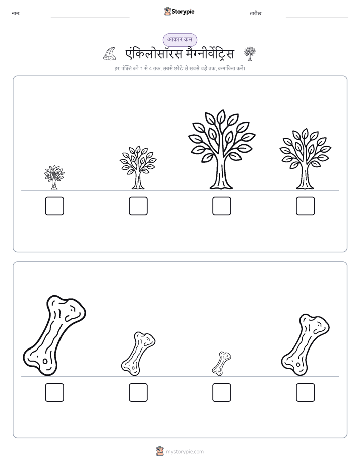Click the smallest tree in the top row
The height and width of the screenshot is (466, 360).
tap(54, 178)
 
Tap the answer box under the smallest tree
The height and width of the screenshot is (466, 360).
tap(54, 206)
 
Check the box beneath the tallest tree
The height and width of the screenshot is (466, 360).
tap(221, 206)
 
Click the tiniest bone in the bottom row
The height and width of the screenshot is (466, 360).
tap(221, 364)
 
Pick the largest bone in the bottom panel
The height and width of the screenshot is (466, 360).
tap(54, 335)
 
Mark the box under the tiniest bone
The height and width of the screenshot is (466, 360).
tap(221, 392)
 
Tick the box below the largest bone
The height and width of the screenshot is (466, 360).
tap(54, 392)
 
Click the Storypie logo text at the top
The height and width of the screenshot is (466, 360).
tap(183, 12)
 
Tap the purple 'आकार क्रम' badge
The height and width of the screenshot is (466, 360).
tap(179, 40)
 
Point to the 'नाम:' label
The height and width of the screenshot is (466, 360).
tap(16, 13)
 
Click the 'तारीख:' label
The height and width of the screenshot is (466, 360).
tap(256, 13)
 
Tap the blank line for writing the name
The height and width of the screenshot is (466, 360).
tap(90, 17)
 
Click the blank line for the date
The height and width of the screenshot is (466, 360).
tap(317, 17)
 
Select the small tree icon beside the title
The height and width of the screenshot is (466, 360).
tap(250, 53)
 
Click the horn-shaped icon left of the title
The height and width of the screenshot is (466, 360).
tap(110, 54)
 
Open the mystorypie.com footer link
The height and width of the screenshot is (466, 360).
tap(185, 452)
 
